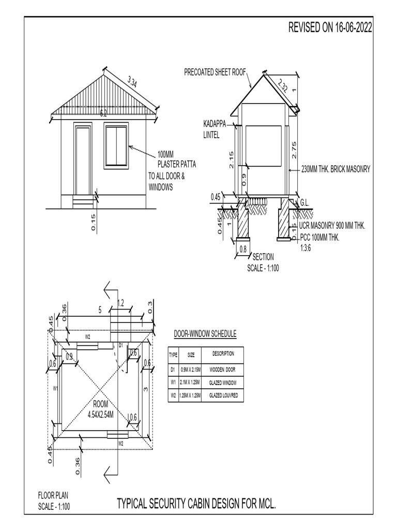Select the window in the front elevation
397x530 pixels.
coord(116,145)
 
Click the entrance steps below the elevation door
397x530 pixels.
coord(83,201)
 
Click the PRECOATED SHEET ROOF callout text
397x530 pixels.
coord(215,72)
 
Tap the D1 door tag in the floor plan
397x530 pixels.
coord(120,345)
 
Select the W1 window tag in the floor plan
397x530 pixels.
coord(55,388)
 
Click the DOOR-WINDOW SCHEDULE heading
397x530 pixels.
coord(205,334)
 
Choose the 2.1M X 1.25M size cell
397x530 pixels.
coord(191,383)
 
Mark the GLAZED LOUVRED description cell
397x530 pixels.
coord(223,396)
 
